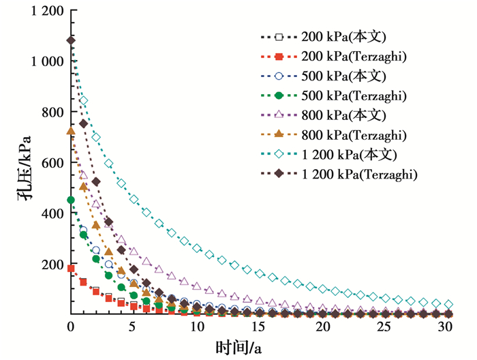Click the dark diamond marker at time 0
tap(71, 40)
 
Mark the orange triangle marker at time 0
tap(71, 131)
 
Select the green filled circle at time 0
tap(71, 200)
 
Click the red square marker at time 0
tap(71, 269)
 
